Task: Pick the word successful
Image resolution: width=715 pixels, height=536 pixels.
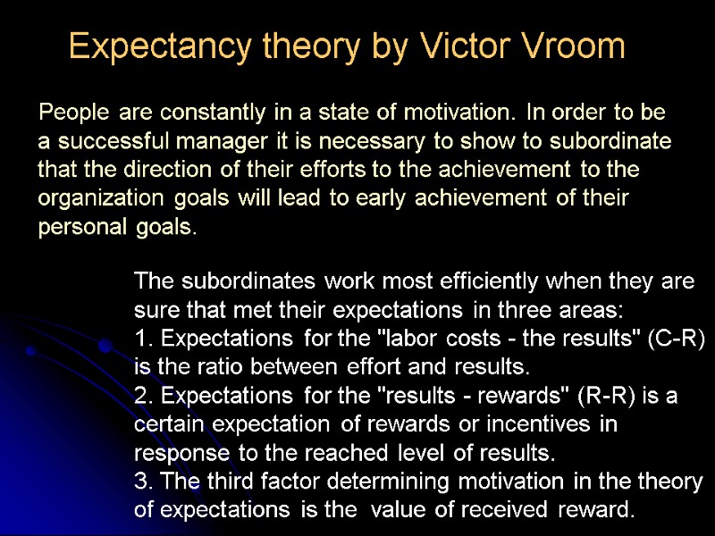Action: tap(107, 141)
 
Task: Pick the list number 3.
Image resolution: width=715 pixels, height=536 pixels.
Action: tap(140, 482)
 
